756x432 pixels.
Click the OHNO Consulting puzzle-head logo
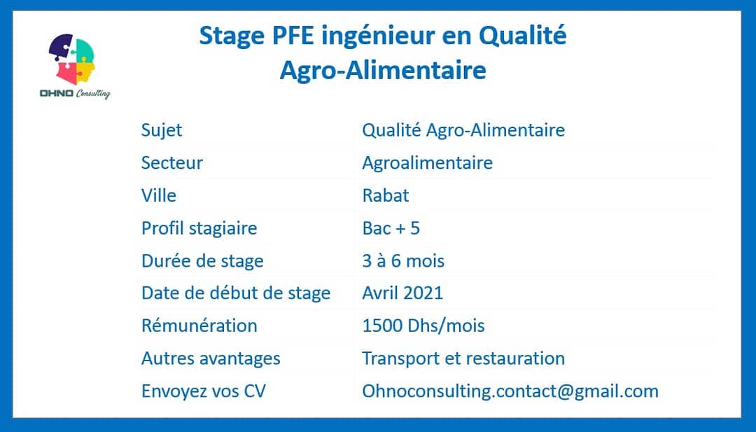coord(75,66)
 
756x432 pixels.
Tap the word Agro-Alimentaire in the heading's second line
coord(383,70)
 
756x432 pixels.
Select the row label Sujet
coord(162,130)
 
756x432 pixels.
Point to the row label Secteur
coord(171,162)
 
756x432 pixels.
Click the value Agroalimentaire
coord(427,163)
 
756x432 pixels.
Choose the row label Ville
coord(159,195)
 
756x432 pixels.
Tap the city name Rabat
coord(385,195)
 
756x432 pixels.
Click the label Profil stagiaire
coord(199,228)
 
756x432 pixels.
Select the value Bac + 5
coord(391,228)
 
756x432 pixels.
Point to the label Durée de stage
coord(202,261)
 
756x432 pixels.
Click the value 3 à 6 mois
coord(403,261)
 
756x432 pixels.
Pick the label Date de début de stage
coord(236,293)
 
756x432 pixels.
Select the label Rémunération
coord(199,326)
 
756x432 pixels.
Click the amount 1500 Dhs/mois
coord(423,326)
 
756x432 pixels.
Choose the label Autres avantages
coord(211,358)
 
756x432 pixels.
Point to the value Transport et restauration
coord(463,358)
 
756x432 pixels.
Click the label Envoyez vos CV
coord(204,391)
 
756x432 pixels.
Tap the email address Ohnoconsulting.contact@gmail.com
coord(510,391)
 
